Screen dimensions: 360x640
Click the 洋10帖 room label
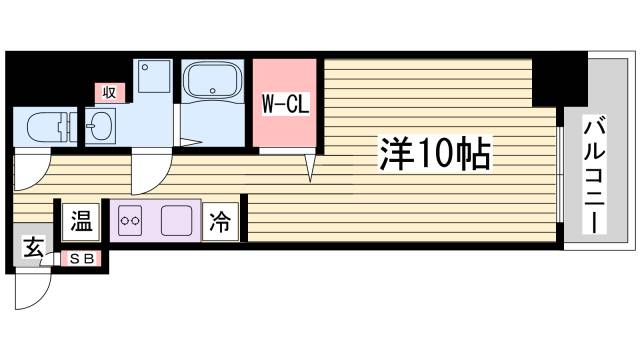point(433,153)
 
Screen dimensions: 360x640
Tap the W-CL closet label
point(284,103)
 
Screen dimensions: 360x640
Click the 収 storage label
point(109,92)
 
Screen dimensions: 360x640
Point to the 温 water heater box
point(80,222)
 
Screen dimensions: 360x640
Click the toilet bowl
point(44,126)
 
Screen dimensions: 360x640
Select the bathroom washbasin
point(102,127)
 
